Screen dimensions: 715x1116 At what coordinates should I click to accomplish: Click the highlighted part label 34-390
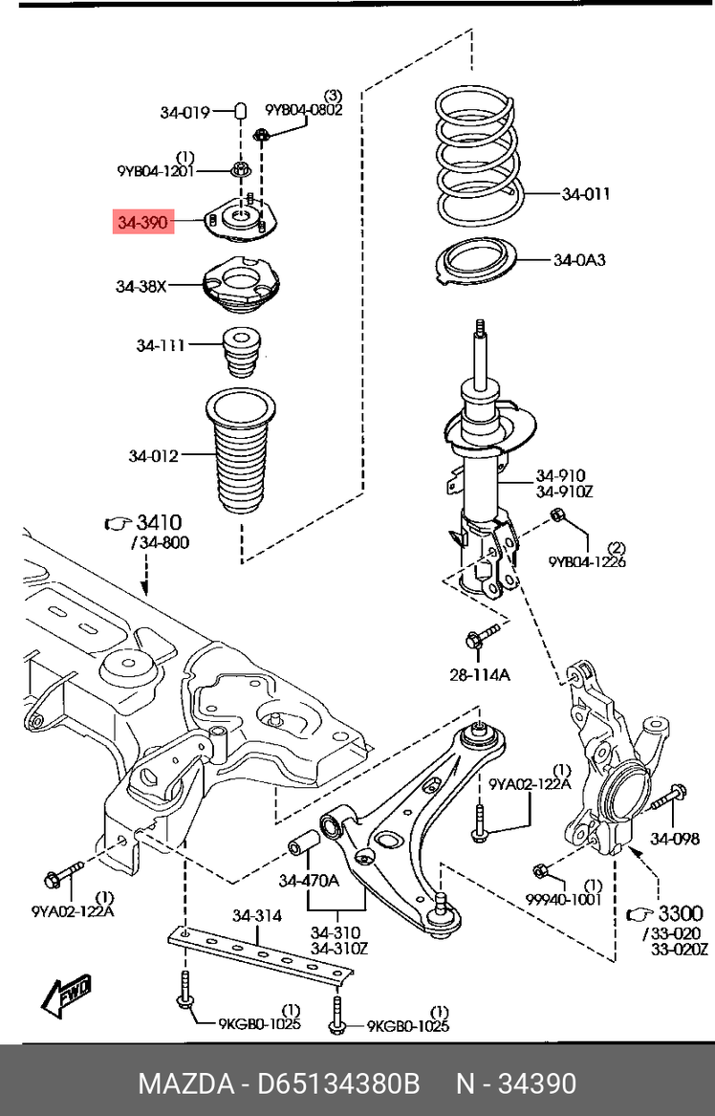(143, 223)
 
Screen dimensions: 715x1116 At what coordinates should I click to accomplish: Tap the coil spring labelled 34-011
(479, 156)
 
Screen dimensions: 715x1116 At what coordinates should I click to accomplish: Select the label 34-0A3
(579, 260)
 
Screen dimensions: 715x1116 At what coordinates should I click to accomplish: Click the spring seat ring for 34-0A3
(474, 262)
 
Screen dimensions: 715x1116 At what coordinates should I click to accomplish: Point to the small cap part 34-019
(241, 113)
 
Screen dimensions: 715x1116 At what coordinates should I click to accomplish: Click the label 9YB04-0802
(304, 110)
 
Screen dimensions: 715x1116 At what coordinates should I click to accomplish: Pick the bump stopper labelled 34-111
(241, 352)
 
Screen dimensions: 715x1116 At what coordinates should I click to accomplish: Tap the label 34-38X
(141, 287)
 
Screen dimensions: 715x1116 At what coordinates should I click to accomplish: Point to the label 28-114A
(480, 675)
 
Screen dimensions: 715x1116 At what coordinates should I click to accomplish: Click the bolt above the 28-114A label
(483, 636)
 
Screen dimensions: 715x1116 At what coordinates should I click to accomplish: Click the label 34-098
(675, 840)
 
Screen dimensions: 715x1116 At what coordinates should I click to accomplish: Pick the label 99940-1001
(563, 900)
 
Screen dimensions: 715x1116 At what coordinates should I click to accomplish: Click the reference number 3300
(681, 913)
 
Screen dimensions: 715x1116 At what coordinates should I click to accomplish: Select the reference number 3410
(160, 523)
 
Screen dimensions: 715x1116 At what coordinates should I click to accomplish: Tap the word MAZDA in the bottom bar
(185, 1084)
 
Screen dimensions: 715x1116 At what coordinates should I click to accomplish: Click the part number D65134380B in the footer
(338, 1084)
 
